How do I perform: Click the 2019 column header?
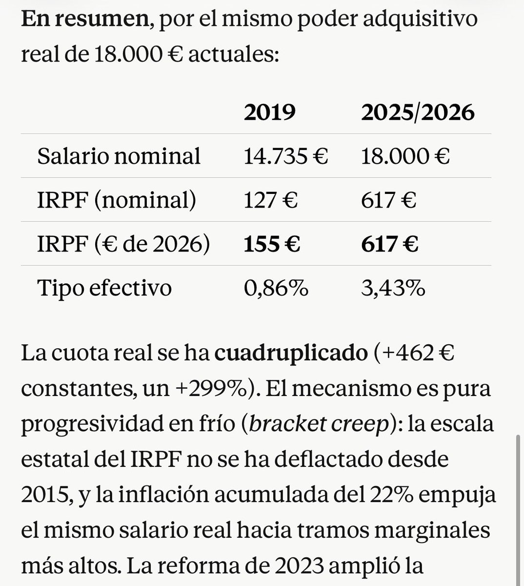tap(269, 113)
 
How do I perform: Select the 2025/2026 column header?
tap(418, 113)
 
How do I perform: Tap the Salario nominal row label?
tap(119, 156)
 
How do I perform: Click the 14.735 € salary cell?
tap(286, 156)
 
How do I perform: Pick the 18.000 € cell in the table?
tap(405, 156)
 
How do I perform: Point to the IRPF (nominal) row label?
tap(117, 200)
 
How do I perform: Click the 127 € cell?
tap(270, 200)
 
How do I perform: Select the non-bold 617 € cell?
tap(388, 200)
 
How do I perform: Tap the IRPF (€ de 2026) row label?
tap(123, 244)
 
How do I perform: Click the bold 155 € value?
tap(272, 244)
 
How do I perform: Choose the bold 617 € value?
tap(389, 244)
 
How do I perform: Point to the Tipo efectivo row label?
tap(104, 288)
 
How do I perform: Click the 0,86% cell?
tap(276, 288)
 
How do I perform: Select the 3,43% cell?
tap(393, 288)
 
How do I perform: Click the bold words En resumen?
tap(84, 19)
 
